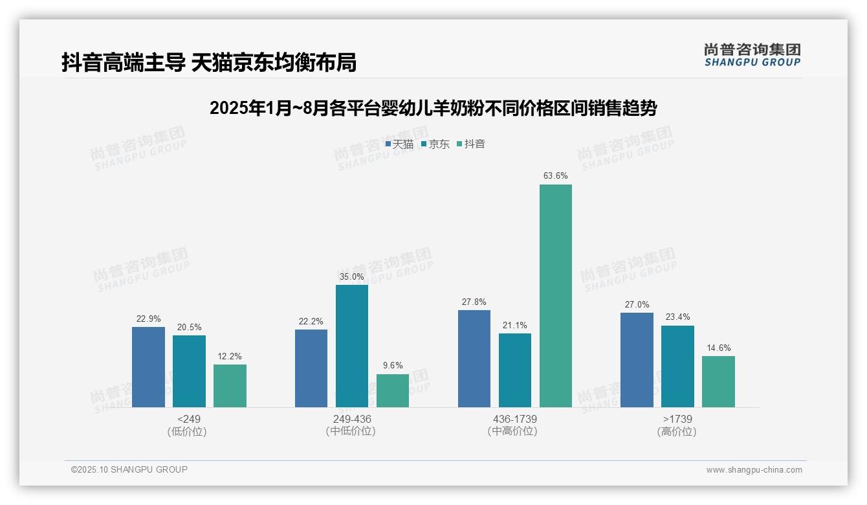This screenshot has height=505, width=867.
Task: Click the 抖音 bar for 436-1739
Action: point(555,296)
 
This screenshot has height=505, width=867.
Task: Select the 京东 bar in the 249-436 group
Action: point(351,346)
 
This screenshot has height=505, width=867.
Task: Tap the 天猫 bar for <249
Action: point(148,367)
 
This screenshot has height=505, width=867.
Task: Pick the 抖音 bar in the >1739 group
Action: point(718,381)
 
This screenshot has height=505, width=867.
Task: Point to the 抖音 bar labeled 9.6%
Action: point(393,390)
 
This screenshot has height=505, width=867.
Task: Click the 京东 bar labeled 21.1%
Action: point(514,370)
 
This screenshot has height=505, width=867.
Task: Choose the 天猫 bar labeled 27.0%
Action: point(637,360)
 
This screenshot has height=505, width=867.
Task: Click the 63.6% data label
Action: point(556,175)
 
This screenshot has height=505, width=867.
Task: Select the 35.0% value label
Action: point(351,276)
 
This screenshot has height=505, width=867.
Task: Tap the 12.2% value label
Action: point(230,356)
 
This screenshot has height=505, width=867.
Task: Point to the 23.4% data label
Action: point(677,317)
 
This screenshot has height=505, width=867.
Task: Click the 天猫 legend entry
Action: point(399,144)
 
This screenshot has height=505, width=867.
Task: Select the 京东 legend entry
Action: point(435,144)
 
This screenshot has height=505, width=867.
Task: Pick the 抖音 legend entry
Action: point(471,144)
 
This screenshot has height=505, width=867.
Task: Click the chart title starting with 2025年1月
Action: point(433,108)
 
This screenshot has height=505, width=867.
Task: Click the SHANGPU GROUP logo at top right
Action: point(752,55)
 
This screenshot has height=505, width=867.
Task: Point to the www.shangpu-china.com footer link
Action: point(754,470)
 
